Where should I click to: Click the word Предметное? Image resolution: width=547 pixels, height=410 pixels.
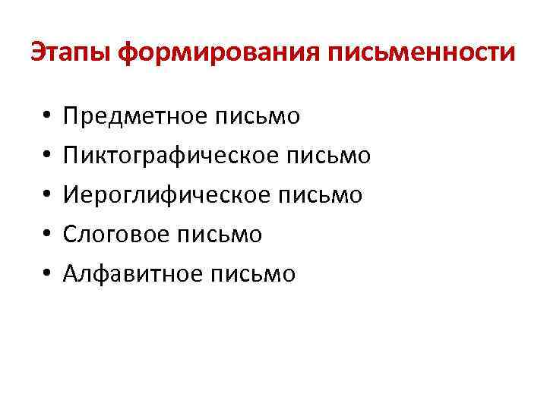click(134, 116)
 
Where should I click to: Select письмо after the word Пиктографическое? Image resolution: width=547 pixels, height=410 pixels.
click(328, 156)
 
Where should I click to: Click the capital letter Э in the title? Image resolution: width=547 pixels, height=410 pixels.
click(38, 53)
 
